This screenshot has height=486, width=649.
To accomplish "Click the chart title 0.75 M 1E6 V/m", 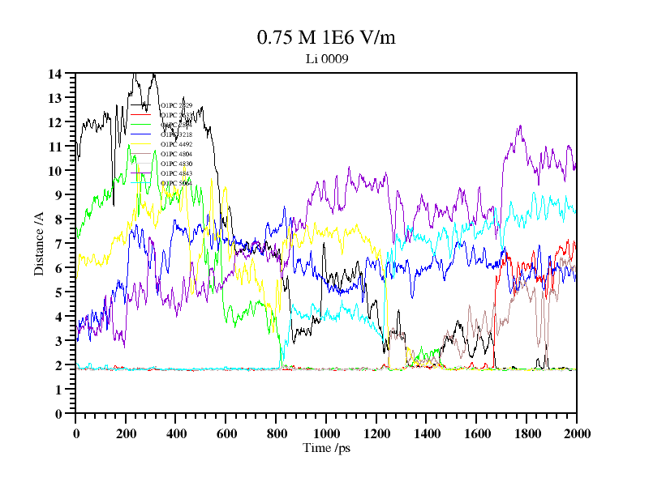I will tap(326, 37).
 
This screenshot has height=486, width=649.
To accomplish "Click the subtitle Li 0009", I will tap(327, 58).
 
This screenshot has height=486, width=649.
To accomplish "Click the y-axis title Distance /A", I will tap(38, 243).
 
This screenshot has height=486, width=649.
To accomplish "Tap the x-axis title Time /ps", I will tap(326, 448).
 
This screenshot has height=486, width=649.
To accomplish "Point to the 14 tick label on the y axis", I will tap(55, 74).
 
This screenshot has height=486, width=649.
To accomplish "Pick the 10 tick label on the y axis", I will tap(55, 171).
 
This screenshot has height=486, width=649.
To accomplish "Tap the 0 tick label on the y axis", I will tap(58, 414).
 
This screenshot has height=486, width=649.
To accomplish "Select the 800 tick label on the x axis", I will tap(276, 433).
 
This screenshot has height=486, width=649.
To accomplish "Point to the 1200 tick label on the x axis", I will tap(376, 433).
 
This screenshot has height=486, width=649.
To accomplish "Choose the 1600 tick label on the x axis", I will tap(476, 433).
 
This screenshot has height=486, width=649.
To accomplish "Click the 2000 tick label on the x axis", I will tap(576, 433).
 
